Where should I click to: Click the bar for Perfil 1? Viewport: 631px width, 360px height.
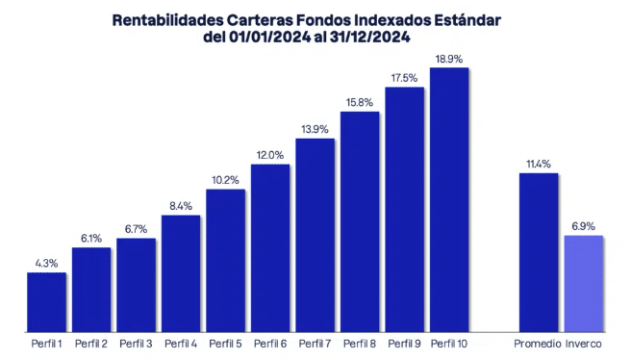(46, 301)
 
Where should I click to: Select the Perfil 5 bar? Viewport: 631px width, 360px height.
(225, 260)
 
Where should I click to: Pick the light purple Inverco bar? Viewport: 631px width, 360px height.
(584, 283)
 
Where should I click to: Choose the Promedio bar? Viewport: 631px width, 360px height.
(538, 252)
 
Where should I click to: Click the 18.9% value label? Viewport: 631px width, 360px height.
(449, 60)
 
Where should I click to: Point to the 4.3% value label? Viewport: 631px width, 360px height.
(46, 264)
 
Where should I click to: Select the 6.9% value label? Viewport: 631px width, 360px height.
(584, 226)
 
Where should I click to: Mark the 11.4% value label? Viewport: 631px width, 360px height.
(538, 165)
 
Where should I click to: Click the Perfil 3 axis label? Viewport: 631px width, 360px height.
(136, 344)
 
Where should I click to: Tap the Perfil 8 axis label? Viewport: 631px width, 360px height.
(360, 344)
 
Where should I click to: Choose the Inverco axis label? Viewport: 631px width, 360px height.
(584, 344)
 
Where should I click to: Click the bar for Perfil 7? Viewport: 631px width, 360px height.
(315, 235)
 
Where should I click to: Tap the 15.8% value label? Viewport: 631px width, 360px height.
(360, 102)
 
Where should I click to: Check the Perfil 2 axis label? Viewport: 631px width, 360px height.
(91, 344)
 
